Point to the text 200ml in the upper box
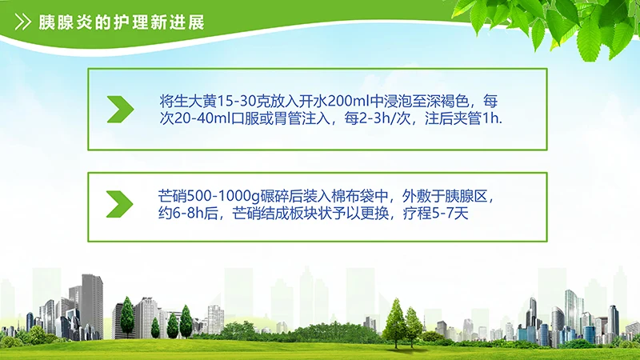point(340,102)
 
